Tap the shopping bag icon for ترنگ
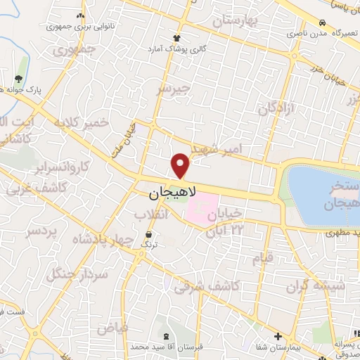click(148, 234)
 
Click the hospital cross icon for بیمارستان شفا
click(278, 337)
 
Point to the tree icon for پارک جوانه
click(19, 79)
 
